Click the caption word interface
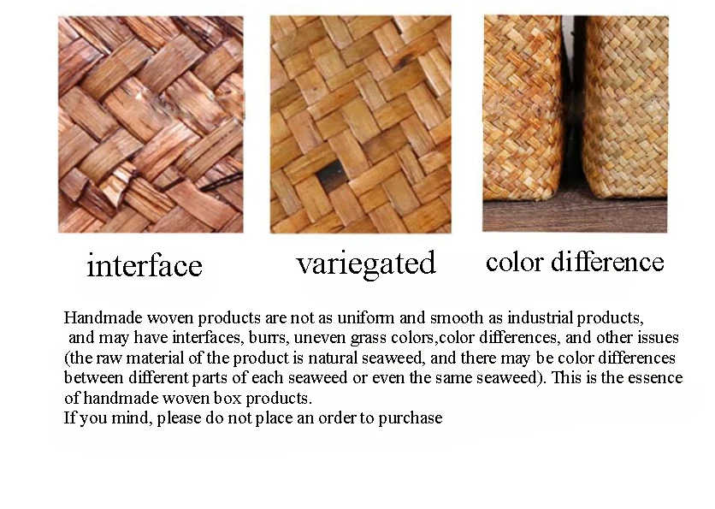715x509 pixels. point(144,265)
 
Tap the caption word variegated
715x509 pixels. point(366,263)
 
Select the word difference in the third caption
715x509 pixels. point(607,262)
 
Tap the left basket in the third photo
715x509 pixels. point(523,107)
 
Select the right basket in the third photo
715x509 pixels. point(626,107)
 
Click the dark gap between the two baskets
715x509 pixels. point(573,109)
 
